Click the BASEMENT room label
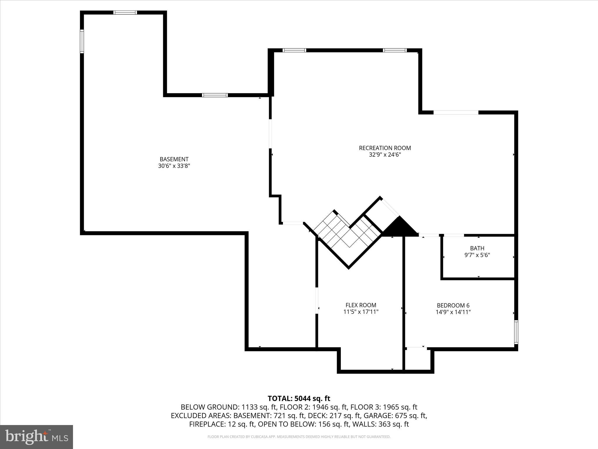pyautogui.click(x=174, y=159)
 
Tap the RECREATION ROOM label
pyautogui.click(x=385, y=148)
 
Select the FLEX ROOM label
pyautogui.click(x=361, y=305)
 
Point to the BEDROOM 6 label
pyautogui.click(x=453, y=305)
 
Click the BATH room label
pyautogui.click(x=477, y=248)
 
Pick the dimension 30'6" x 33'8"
pyautogui.click(x=174, y=166)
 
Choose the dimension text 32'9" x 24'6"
pyautogui.click(x=385, y=155)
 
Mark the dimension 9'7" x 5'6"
pyautogui.click(x=477, y=255)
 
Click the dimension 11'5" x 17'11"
pyautogui.click(x=361, y=312)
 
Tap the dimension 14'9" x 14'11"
pyautogui.click(x=453, y=312)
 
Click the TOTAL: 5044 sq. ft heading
pyautogui.click(x=299, y=398)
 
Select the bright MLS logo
pyautogui.click(x=36, y=437)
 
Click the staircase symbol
pyautogui.click(x=347, y=234)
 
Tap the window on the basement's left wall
pyautogui.click(x=82, y=41)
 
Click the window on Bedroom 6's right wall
pyautogui.click(x=516, y=332)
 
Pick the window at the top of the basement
pyautogui.click(x=125, y=13)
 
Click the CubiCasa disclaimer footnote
pyautogui.click(x=299, y=437)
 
